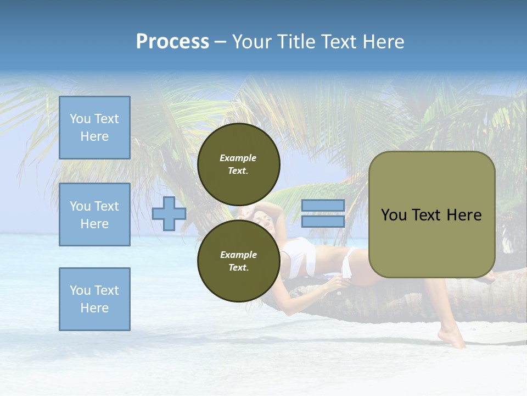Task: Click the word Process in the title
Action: pyautogui.click(x=172, y=42)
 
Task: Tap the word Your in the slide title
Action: pyautogui.click(x=254, y=42)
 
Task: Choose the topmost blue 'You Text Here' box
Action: pyautogui.click(x=94, y=128)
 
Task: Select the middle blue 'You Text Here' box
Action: pyautogui.click(x=94, y=215)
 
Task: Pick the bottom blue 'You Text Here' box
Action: pyautogui.click(x=94, y=299)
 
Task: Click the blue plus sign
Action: pyautogui.click(x=169, y=213)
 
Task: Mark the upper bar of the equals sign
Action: pyautogui.click(x=323, y=206)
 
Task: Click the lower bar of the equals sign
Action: pyautogui.click(x=323, y=222)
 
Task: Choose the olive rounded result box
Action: pyautogui.click(x=431, y=215)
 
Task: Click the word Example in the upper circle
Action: pyautogui.click(x=238, y=158)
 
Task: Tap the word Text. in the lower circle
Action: pyautogui.click(x=238, y=268)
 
